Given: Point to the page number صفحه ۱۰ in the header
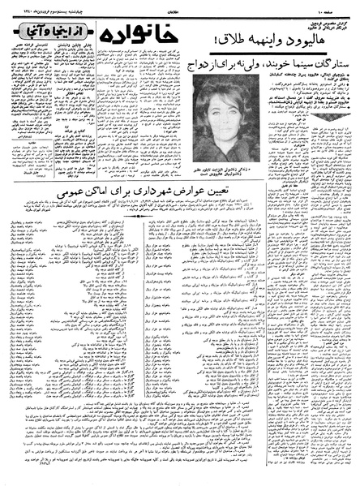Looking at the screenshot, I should coord(345,5).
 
